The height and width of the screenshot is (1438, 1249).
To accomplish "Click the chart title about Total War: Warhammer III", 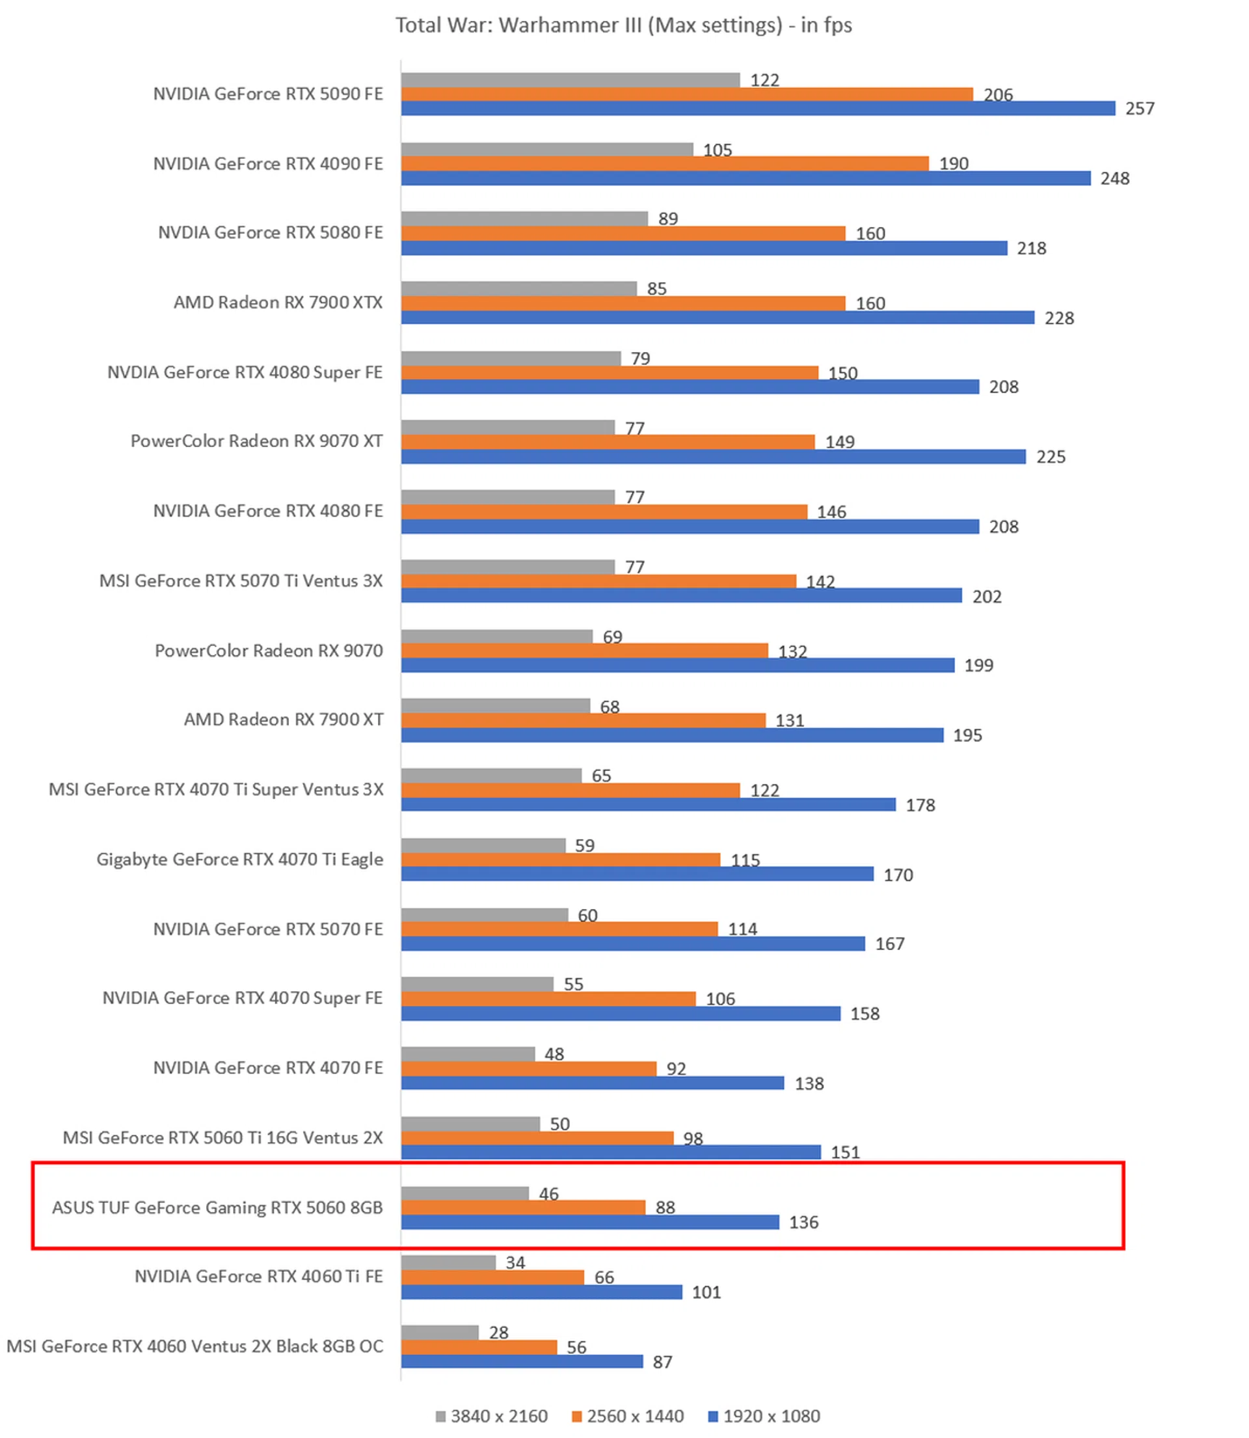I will click(624, 25).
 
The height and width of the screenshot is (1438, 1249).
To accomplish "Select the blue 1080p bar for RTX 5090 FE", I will click(758, 109).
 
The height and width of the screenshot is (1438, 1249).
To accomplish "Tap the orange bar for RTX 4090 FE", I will click(664, 164).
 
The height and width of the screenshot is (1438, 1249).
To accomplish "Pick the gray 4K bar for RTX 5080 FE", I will click(524, 219).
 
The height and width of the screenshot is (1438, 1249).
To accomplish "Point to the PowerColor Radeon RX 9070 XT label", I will click(256, 441).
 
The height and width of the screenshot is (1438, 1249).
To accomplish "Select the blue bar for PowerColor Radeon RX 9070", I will click(677, 666).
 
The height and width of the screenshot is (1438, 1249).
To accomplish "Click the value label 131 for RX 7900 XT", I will click(790, 721).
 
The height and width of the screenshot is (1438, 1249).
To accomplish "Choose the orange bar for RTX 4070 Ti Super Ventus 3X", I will click(570, 791).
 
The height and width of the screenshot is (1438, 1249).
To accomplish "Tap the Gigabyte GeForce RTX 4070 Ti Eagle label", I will click(240, 860).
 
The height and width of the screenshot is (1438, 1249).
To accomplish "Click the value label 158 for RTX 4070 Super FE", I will click(865, 1014).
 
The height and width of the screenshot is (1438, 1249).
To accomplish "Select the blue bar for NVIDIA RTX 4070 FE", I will click(593, 1083).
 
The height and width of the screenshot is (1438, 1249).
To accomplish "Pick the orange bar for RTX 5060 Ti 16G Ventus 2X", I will click(537, 1138).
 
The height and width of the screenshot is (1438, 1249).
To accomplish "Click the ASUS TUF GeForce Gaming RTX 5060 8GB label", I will click(217, 1208).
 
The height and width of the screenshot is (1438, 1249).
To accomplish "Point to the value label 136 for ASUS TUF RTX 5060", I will click(803, 1223).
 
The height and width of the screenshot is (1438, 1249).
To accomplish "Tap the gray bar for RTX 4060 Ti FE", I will click(448, 1263).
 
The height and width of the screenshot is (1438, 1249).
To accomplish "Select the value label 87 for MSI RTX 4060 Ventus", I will click(662, 1362).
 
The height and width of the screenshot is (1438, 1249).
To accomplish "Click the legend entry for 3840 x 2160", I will click(491, 1417).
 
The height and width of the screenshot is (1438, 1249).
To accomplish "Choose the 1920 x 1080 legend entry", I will click(764, 1417).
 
